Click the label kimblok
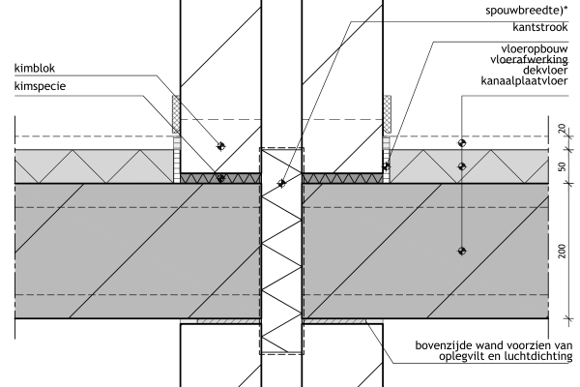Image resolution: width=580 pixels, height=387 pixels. (37, 69)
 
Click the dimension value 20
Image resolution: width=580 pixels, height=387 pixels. (562, 129)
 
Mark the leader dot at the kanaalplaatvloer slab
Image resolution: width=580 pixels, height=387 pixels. (461, 251)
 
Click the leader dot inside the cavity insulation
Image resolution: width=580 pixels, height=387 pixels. (281, 182)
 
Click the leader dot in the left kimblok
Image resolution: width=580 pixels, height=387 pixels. (221, 146)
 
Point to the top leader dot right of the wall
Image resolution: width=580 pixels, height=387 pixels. (461, 142)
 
